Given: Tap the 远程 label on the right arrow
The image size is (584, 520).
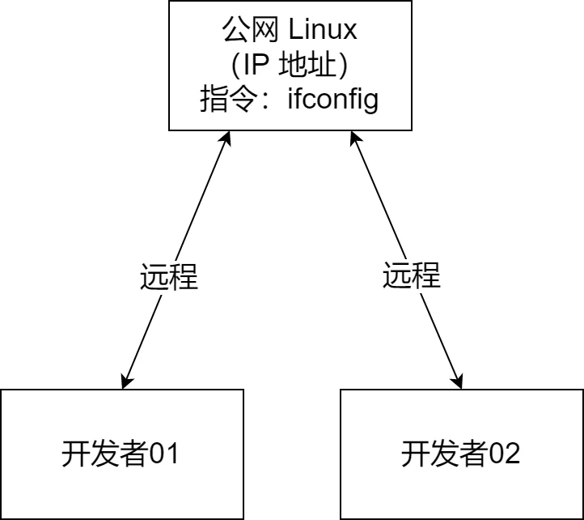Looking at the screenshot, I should pos(412,275).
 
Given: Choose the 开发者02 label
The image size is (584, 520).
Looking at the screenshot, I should pos(460,454).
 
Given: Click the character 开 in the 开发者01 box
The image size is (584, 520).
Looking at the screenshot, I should pos(75,454).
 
